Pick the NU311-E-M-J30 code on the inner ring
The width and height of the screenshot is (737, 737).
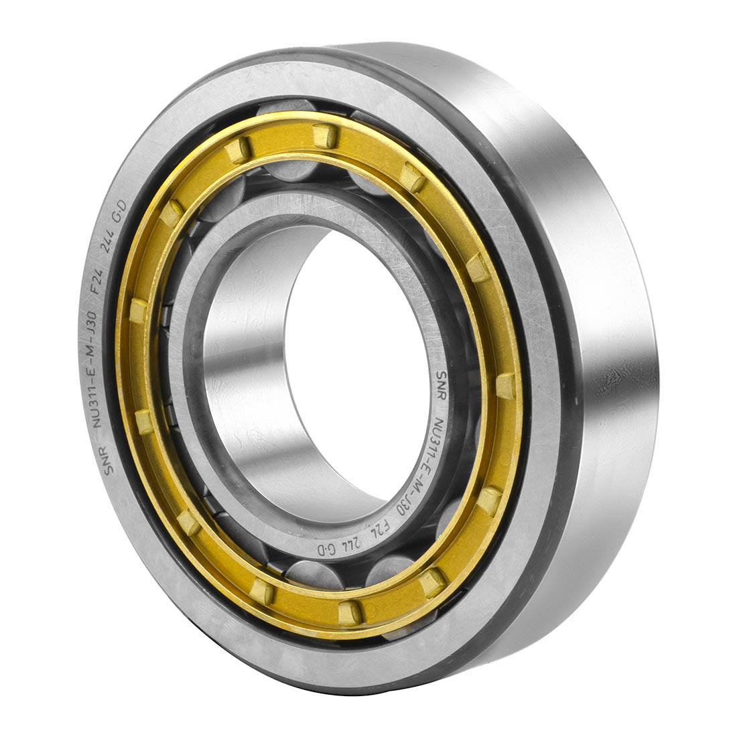pyautogui.click(x=423, y=466)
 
